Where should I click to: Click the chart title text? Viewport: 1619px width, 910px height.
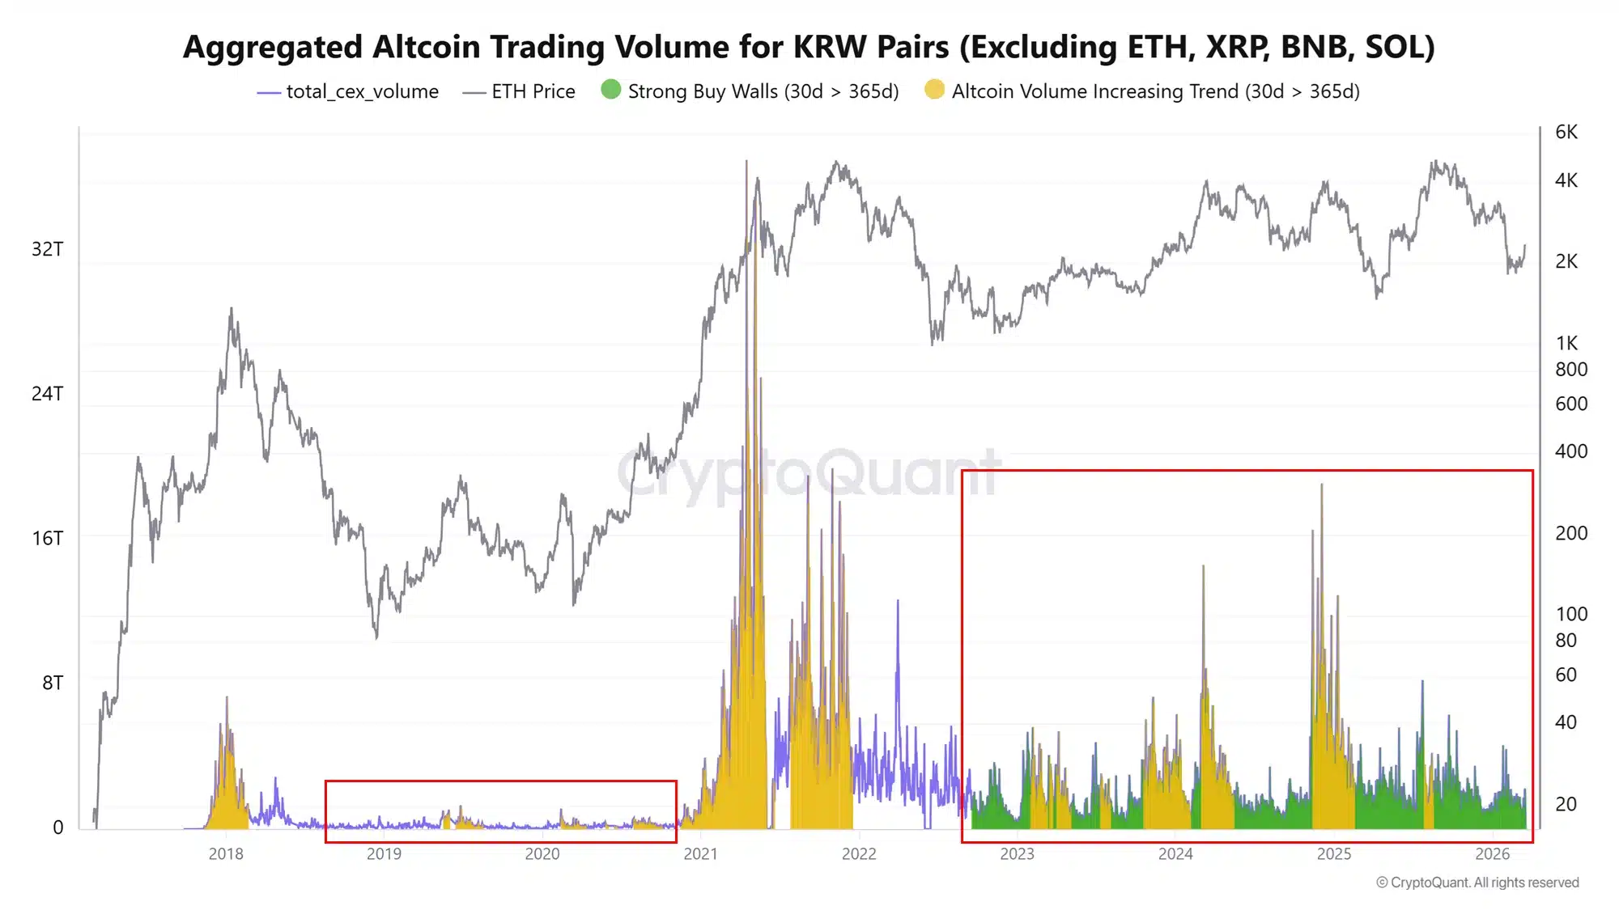(809, 47)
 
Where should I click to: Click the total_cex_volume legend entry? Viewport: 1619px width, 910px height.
(347, 91)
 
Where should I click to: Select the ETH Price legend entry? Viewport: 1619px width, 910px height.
(518, 91)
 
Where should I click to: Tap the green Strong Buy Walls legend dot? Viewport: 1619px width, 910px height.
(611, 89)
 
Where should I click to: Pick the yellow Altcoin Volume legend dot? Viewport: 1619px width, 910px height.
(934, 89)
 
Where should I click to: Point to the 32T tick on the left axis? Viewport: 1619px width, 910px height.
(47, 249)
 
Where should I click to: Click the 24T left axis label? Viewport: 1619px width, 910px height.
(47, 394)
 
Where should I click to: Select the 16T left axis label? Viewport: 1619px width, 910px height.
(47, 539)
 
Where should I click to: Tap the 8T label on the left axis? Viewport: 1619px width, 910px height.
(53, 684)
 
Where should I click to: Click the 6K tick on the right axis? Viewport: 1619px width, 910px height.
(1566, 132)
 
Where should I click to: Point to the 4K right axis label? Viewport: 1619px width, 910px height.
(1566, 180)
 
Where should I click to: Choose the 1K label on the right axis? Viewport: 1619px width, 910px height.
(1566, 343)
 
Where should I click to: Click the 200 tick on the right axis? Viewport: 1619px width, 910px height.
(1571, 533)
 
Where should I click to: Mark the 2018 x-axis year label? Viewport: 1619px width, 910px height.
(226, 854)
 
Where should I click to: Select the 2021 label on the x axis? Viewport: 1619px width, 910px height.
(700, 854)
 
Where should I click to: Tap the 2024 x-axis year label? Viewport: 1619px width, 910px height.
(1175, 854)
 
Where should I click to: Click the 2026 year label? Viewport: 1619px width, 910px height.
(1493, 854)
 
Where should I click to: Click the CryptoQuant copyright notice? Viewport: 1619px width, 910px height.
(1477, 882)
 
